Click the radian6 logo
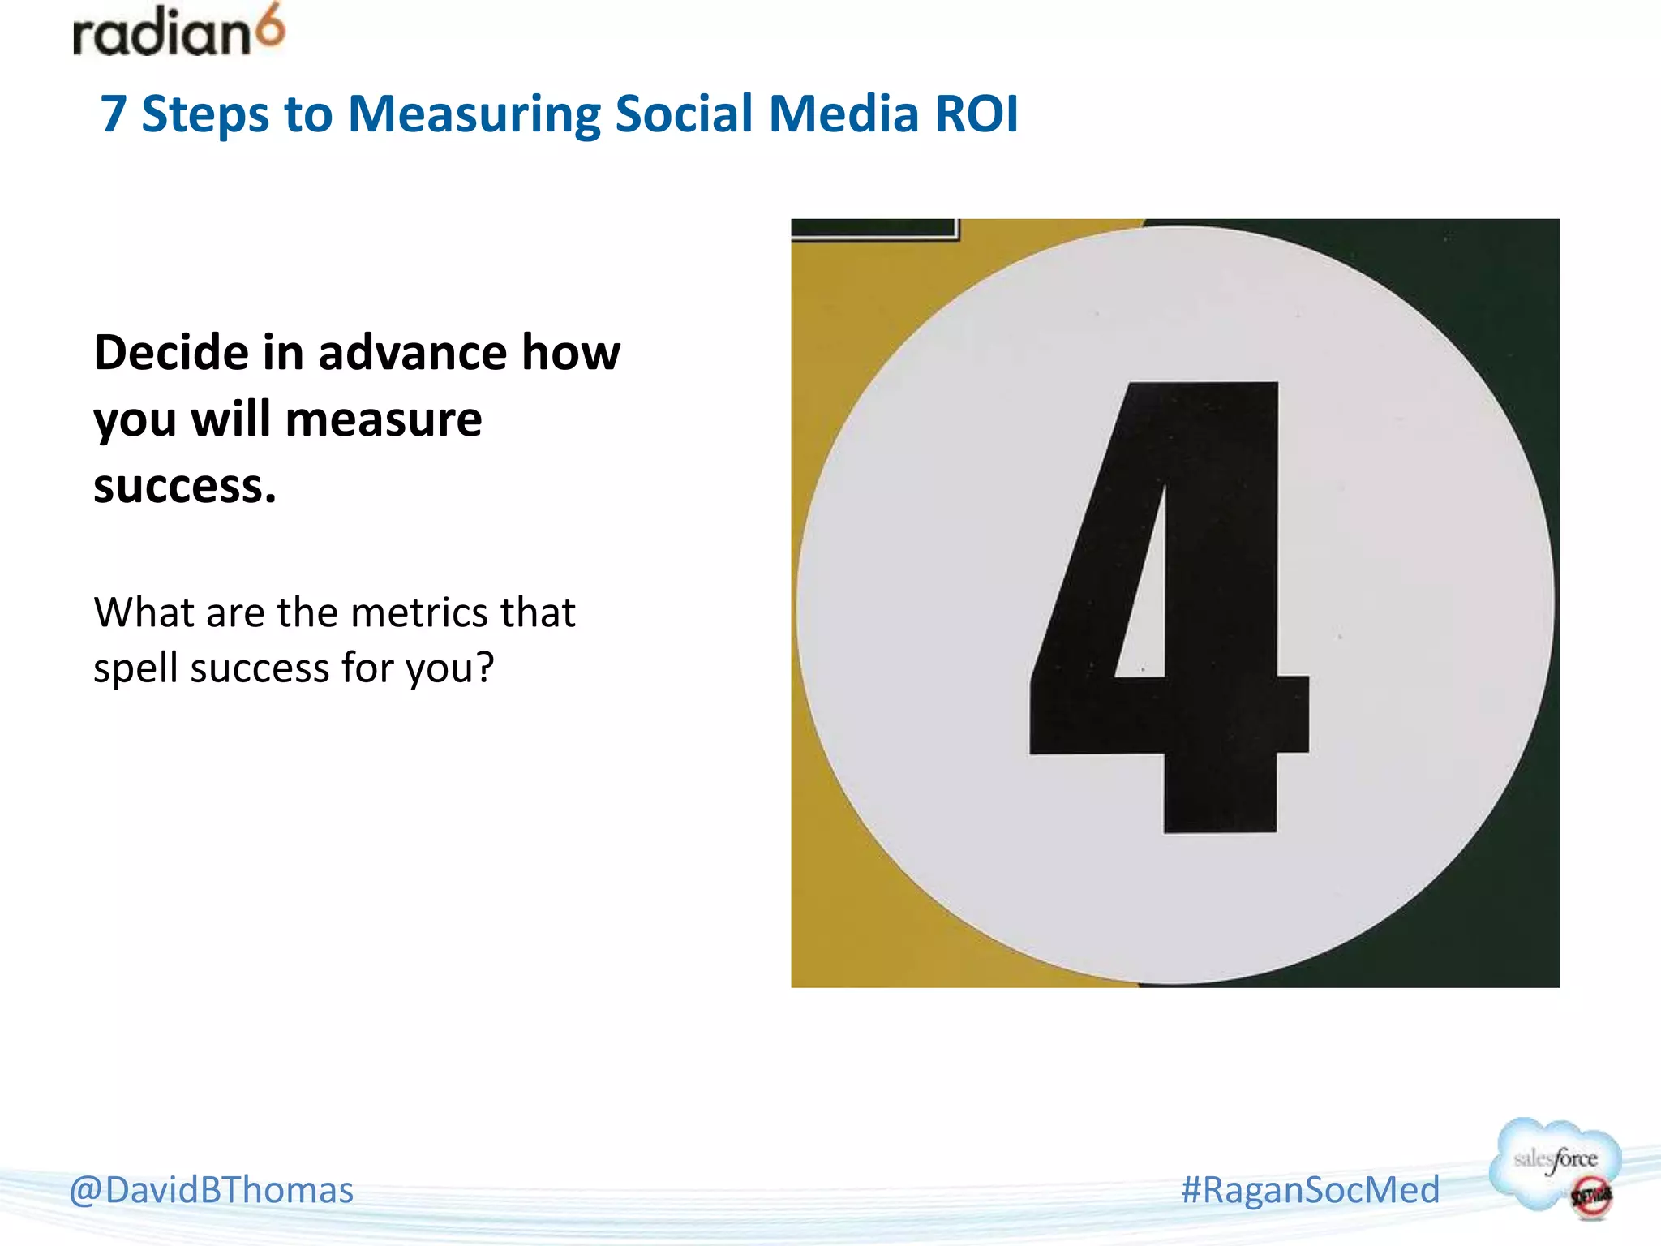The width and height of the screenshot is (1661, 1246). pyautogui.click(x=178, y=32)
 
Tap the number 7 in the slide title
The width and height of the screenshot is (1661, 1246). pyautogui.click(x=114, y=114)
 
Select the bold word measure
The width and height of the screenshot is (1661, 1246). pyautogui.click(x=383, y=420)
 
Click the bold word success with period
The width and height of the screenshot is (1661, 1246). pyautogui.click(x=185, y=487)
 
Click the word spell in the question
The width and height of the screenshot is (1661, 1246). pyautogui.click(x=135, y=669)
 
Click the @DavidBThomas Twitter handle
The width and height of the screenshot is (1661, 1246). pyautogui.click(x=211, y=1190)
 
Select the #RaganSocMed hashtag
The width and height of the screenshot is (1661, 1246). pyautogui.click(x=1310, y=1190)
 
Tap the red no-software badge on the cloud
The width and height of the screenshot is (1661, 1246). pyautogui.click(x=1590, y=1197)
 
